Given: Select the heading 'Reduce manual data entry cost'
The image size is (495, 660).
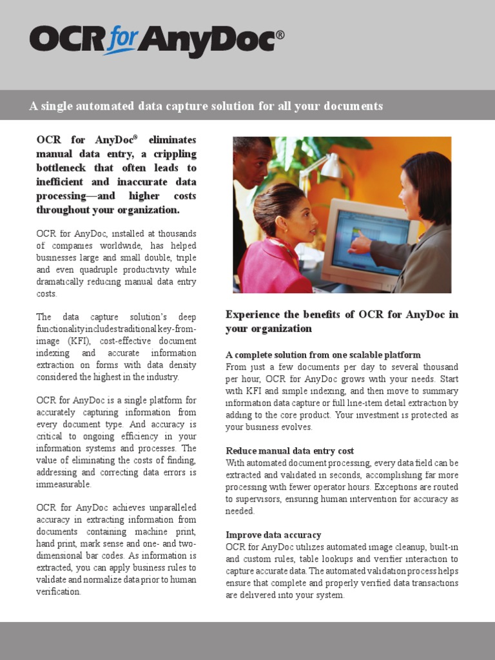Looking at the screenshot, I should coord(289,451).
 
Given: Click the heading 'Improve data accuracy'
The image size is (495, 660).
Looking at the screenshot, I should coord(273,534).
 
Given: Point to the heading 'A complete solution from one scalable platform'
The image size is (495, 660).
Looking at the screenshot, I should coord(323,354).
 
